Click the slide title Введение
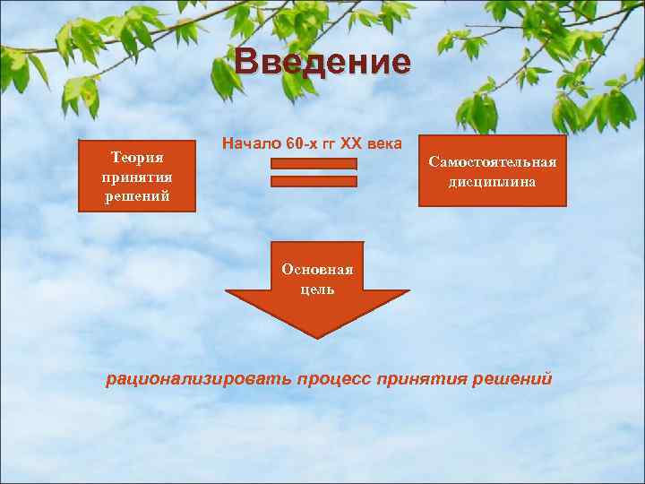coord(323,62)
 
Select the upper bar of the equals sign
coord(314,164)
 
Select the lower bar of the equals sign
coord(314,181)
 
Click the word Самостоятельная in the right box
coord(493,162)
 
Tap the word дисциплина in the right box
coord(493,181)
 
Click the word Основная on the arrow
coord(317,269)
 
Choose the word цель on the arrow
coord(318,289)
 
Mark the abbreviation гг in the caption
coord(331,144)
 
